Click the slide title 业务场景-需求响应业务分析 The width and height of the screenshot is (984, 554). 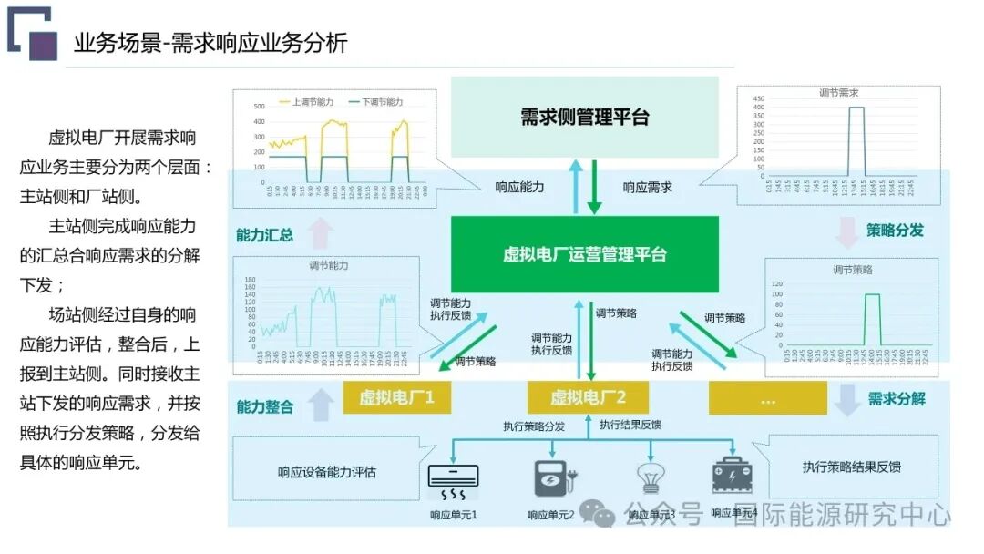[210, 43]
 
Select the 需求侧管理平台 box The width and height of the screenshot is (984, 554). [585, 117]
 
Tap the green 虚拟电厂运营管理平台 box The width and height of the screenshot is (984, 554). [585, 253]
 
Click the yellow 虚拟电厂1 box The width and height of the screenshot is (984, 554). [396, 397]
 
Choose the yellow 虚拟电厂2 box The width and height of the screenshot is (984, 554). [588, 397]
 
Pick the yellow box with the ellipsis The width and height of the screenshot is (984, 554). [767, 399]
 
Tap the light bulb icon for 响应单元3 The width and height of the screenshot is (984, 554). [651, 478]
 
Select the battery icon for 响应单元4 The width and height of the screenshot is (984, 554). [733, 477]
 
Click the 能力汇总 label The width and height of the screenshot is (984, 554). [264, 234]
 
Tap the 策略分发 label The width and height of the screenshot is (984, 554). [895, 231]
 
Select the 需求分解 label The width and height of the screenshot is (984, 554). [897, 399]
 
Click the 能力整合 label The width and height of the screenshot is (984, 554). [264, 406]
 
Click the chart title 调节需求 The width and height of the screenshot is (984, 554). [839, 93]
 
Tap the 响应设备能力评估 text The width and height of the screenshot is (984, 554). [326, 472]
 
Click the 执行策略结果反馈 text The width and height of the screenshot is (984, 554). [851, 467]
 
